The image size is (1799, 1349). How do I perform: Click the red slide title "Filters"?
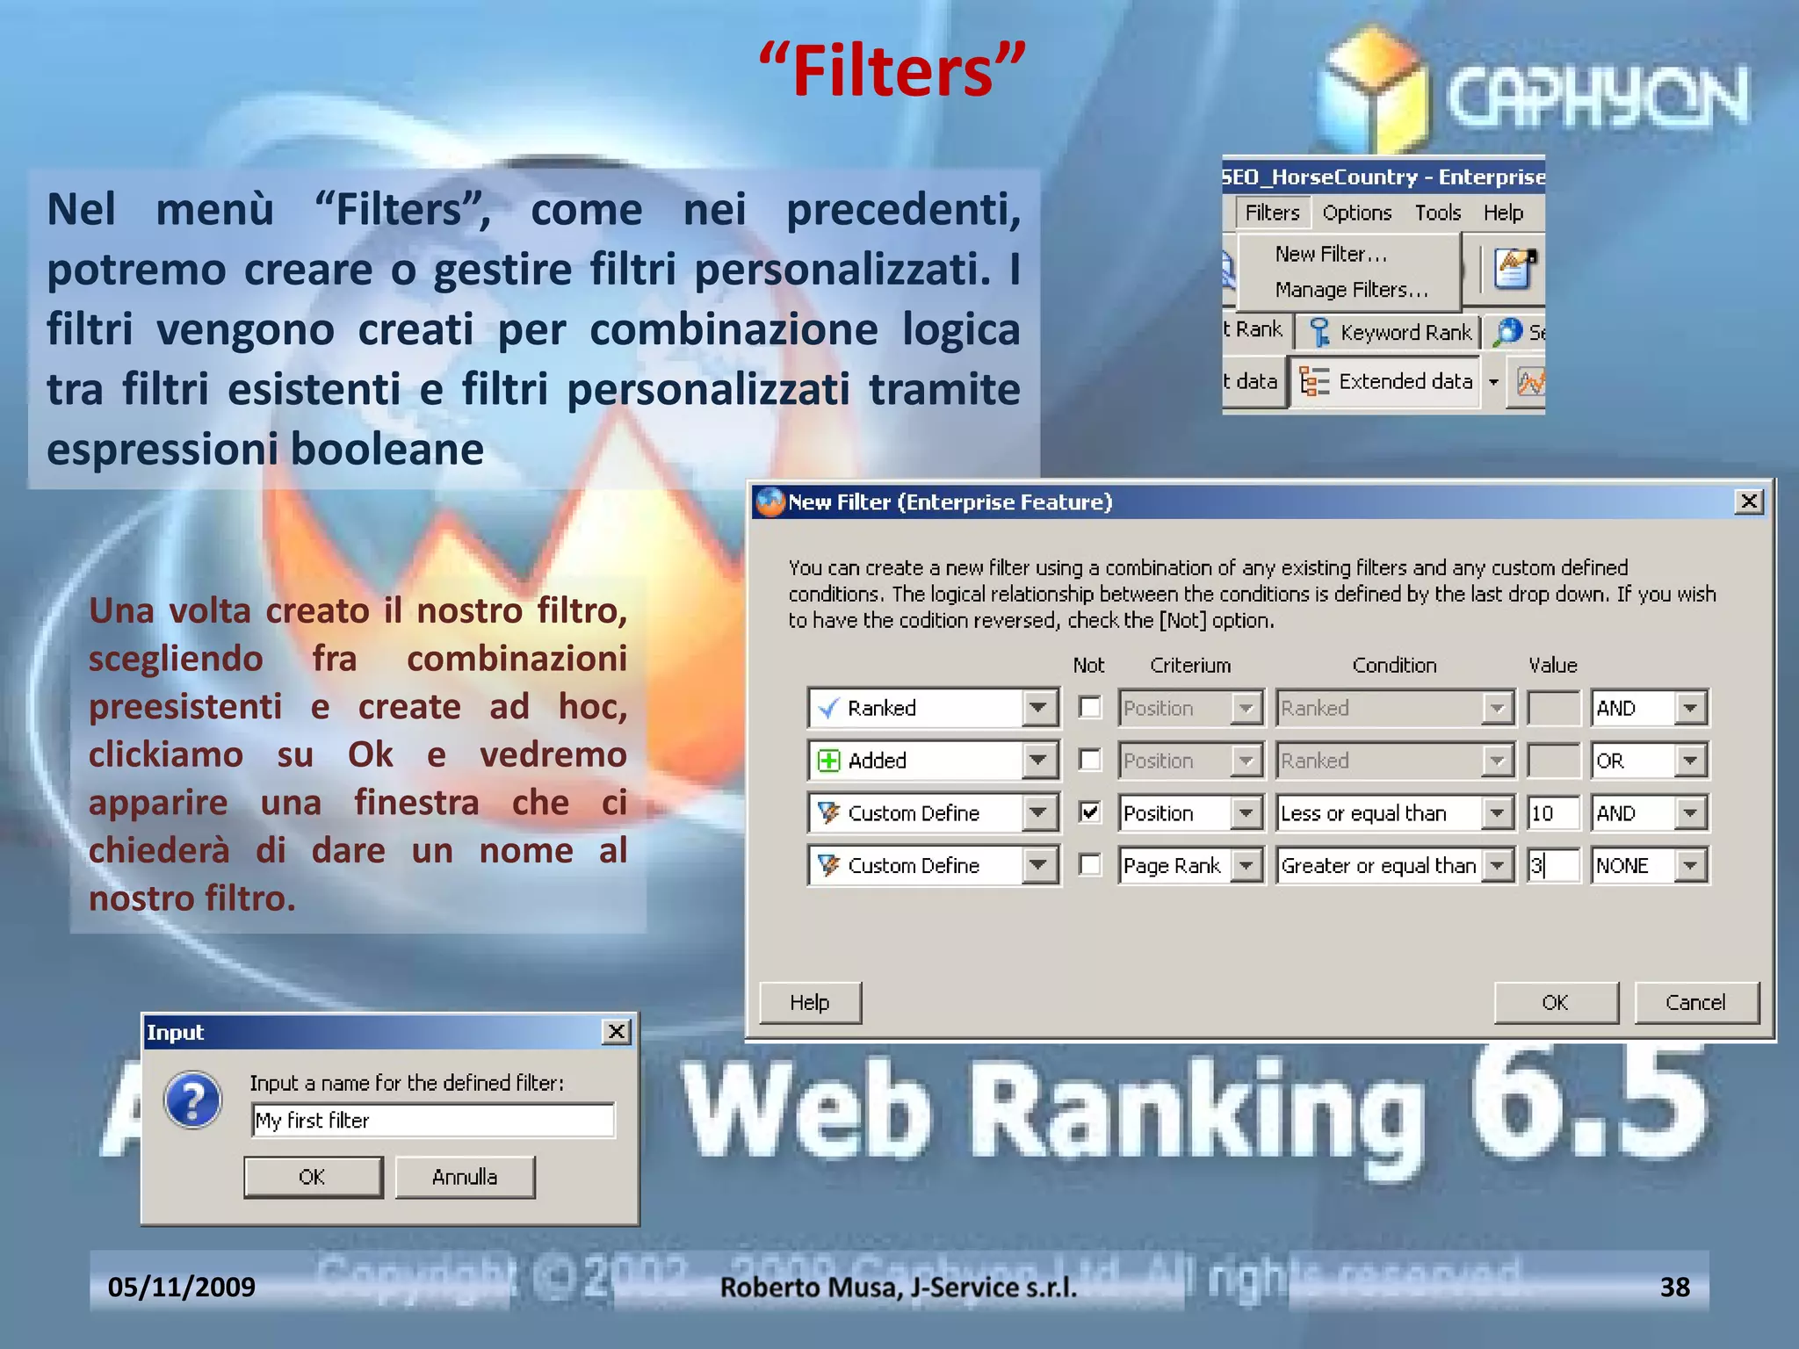[x=892, y=70]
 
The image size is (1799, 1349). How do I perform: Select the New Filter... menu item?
[x=1331, y=254]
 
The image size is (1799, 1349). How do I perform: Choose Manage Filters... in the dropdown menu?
[x=1351, y=290]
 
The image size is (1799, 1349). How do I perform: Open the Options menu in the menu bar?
[x=1356, y=213]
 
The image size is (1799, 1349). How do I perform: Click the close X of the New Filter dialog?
[x=1749, y=501]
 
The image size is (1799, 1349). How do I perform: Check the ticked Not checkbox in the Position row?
[x=1089, y=812]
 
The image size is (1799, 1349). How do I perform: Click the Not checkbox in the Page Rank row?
[x=1089, y=865]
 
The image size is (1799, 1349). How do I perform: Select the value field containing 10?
[x=1552, y=813]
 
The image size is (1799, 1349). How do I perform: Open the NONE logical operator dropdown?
[x=1649, y=866]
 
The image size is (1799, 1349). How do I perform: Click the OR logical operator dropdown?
[x=1649, y=761]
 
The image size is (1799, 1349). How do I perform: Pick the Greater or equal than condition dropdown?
[x=1394, y=866]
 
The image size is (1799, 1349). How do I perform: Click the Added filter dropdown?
[x=933, y=761]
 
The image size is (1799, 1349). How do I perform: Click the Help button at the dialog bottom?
[x=809, y=1002]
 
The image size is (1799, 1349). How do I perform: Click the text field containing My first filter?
[x=432, y=1121]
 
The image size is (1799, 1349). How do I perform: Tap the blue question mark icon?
[x=193, y=1100]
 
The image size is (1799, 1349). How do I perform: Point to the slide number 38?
[x=1674, y=1287]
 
